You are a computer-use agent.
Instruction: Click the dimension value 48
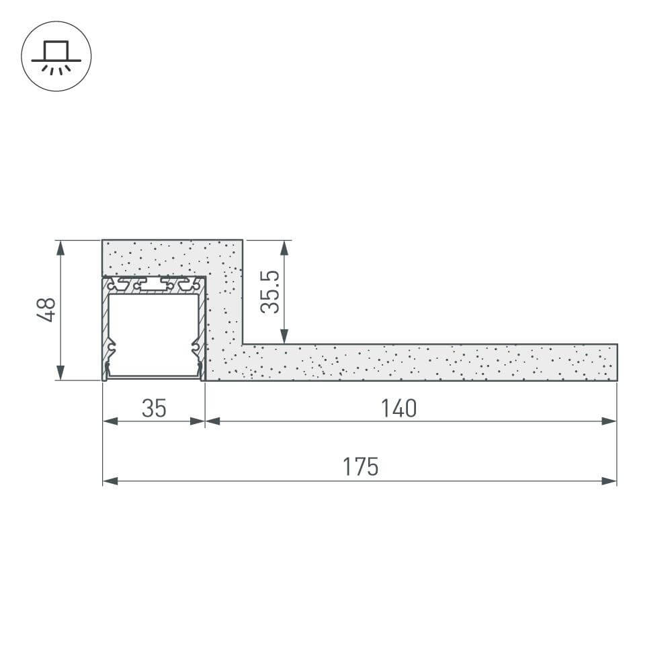pyautogui.click(x=46, y=310)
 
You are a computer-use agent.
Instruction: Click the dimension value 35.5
pyautogui.click(x=269, y=293)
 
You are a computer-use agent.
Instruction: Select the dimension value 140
pyautogui.click(x=398, y=408)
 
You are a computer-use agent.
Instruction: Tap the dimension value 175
pyautogui.click(x=361, y=466)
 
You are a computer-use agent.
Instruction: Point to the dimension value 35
pyautogui.click(x=154, y=408)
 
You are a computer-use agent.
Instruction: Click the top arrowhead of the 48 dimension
pyautogui.click(x=61, y=248)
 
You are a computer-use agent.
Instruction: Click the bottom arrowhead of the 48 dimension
pyautogui.click(x=61, y=372)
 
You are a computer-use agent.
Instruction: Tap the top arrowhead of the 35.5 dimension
pyautogui.click(x=284, y=248)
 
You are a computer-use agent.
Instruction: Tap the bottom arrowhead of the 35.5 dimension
pyautogui.click(x=284, y=336)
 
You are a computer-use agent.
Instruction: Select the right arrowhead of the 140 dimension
pyautogui.click(x=609, y=421)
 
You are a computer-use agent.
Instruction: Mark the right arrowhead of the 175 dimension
pyautogui.click(x=609, y=481)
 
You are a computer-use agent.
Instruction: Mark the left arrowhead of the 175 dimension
pyautogui.click(x=111, y=481)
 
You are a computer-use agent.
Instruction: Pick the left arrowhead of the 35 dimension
pyautogui.click(x=111, y=421)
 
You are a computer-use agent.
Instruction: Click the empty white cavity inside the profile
pyautogui.click(x=154, y=333)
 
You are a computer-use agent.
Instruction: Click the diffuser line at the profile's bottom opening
pyautogui.click(x=154, y=377)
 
